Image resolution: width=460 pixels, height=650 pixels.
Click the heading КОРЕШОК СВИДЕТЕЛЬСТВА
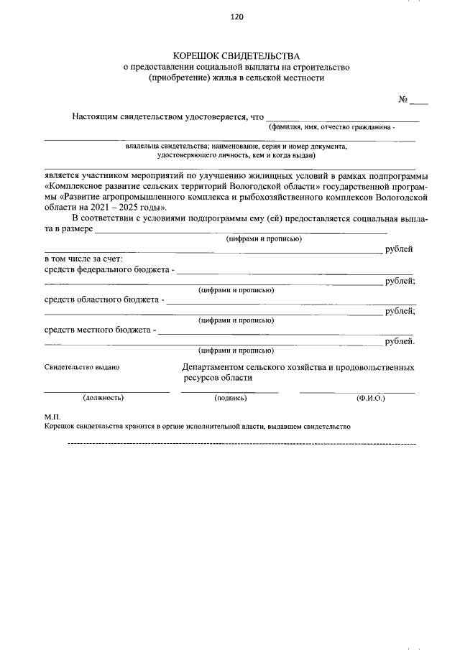(x=236, y=56)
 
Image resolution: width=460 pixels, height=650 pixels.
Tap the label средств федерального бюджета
(x=107, y=270)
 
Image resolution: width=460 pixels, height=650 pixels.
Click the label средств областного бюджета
(x=101, y=300)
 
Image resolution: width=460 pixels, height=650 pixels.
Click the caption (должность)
(x=103, y=397)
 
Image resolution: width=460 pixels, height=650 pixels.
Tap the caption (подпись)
(x=230, y=397)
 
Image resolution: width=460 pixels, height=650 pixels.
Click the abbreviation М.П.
(x=53, y=417)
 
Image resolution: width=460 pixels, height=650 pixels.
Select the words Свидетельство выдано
(x=82, y=367)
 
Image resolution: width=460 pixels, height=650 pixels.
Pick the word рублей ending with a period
(x=400, y=341)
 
